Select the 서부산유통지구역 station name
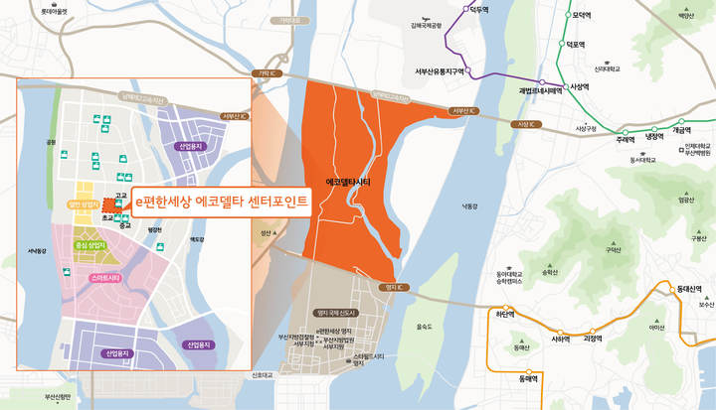coord(441,71)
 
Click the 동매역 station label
coord(513,378)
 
